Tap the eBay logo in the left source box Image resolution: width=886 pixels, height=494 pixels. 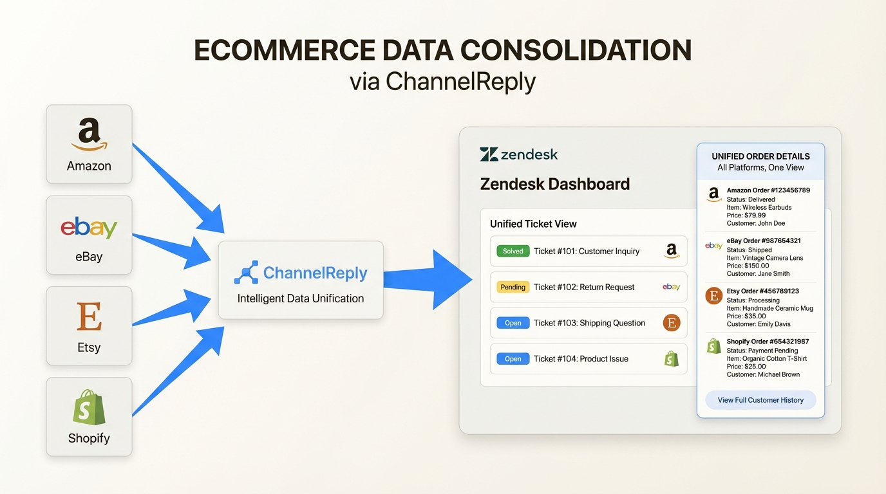(x=89, y=228)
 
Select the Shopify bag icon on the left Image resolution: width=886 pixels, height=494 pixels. (x=89, y=408)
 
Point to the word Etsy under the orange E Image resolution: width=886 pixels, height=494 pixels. (x=89, y=347)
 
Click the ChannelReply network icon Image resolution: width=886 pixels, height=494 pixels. (x=245, y=273)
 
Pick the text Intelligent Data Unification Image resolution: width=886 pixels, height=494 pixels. (x=300, y=298)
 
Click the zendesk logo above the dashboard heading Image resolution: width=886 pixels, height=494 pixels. (x=519, y=154)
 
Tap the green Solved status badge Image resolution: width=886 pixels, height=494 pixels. (x=513, y=251)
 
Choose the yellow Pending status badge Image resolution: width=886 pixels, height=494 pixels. (x=513, y=287)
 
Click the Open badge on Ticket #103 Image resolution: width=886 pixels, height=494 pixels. (x=513, y=323)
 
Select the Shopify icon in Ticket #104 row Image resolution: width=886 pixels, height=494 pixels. (x=672, y=359)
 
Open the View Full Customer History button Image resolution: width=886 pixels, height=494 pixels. (x=760, y=400)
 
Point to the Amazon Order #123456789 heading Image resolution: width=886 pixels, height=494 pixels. (x=768, y=190)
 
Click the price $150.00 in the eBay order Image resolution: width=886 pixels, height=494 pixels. (x=748, y=266)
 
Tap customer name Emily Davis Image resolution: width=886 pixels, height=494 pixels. (x=759, y=324)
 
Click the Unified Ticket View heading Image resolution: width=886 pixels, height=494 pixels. (x=533, y=224)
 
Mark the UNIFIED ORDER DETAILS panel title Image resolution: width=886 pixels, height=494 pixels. (x=760, y=156)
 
